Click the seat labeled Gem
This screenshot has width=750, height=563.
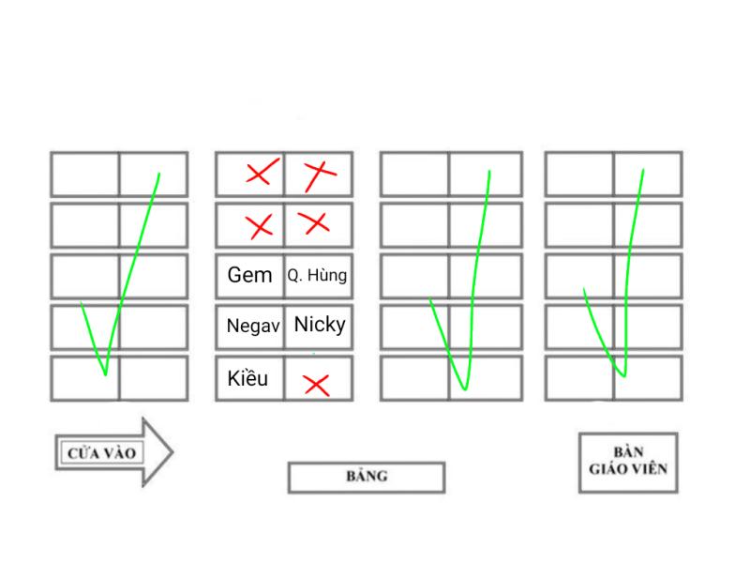click(x=249, y=276)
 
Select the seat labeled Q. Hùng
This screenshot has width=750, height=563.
click(x=318, y=276)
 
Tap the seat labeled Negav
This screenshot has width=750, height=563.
click(x=249, y=327)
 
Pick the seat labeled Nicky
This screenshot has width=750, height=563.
click(x=319, y=326)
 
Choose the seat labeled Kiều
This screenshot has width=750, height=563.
click(x=248, y=378)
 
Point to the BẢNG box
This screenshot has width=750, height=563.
click(x=366, y=477)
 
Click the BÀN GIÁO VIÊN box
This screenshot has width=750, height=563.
click(x=626, y=463)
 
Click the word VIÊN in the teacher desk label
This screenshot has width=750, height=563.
click(x=651, y=469)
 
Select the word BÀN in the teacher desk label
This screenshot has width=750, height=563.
click(x=626, y=451)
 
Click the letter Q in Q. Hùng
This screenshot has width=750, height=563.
click(x=292, y=277)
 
